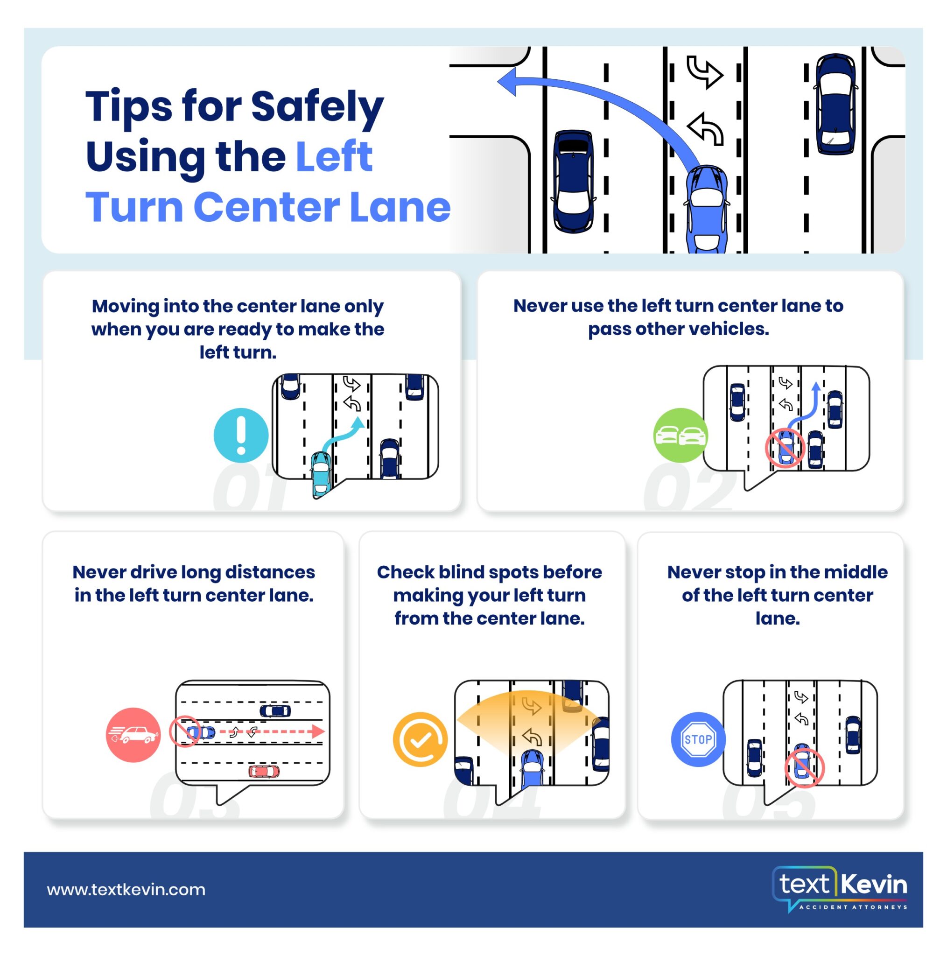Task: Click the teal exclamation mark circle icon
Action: [x=241, y=435]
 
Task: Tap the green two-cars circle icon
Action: [x=680, y=435]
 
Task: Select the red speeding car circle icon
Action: [x=133, y=734]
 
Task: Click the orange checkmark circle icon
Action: [x=420, y=739]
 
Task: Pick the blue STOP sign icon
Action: [x=698, y=739]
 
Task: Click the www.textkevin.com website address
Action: [x=126, y=889]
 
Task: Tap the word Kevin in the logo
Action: [x=873, y=884]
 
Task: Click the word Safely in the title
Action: [x=316, y=106]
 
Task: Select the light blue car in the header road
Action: [x=706, y=211]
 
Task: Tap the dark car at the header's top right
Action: [x=835, y=104]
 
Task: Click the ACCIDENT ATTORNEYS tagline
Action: [x=853, y=907]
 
